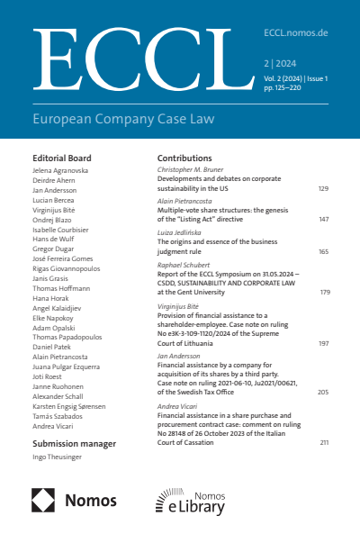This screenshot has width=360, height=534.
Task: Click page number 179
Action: [x=325, y=292]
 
